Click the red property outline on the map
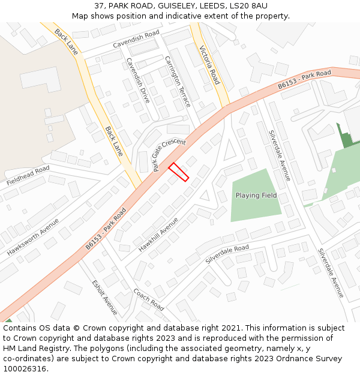[178, 172]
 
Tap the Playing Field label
[256, 196]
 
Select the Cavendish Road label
[136, 39]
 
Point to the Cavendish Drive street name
[138, 80]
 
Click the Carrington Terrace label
[178, 82]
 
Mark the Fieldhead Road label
[28, 175]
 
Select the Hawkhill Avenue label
[158, 234]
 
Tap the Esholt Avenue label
[104, 297]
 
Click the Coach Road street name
[149, 299]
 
